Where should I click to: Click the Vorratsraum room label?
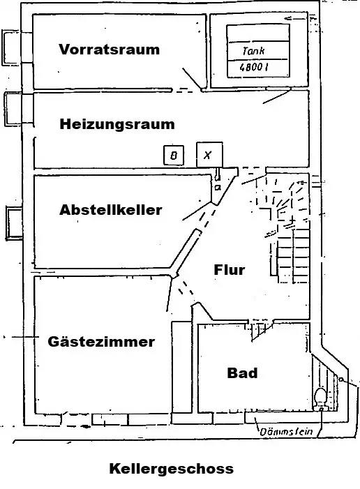pos(109,50)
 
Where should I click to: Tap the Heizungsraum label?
pos(117,124)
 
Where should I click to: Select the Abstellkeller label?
pos(111,209)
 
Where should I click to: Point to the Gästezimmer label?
pos(101,341)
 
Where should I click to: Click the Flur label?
pos(230,269)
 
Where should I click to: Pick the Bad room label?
pos(242,373)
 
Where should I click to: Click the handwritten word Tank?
pos(253,50)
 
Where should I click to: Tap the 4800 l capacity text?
pos(254,67)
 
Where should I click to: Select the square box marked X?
pos(209,155)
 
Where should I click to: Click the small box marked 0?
pos(174,155)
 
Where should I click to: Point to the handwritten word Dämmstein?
pos(286,432)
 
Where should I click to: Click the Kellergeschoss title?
pos(171,469)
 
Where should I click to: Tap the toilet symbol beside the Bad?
pos(320,397)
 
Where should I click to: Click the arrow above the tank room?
pos(297,19)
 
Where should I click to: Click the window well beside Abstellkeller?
pos(14,223)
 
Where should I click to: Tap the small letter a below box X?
pos(218,188)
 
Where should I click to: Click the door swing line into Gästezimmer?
pos(170,294)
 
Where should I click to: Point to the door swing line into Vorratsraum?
pos(192,79)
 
